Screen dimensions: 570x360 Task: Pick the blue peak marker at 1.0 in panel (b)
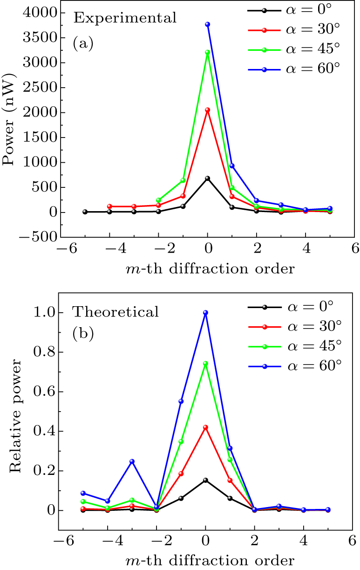pos(205,313)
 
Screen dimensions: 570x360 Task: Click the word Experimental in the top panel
pos(124,19)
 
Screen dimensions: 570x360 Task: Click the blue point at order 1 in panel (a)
pos(231,165)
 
